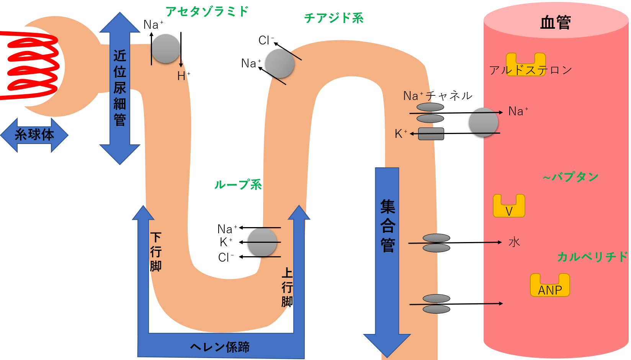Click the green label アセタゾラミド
point(207,11)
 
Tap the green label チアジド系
point(333,18)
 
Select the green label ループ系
point(238,185)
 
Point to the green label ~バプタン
point(571,177)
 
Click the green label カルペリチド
point(592,257)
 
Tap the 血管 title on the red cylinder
point(555,23)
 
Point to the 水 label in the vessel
point(514,242)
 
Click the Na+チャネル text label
point(438,96)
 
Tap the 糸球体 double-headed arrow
point(34,135)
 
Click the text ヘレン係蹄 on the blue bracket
point(220,347)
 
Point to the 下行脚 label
point(155,252)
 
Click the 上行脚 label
point(287,287)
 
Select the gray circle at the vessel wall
point(483,123)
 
